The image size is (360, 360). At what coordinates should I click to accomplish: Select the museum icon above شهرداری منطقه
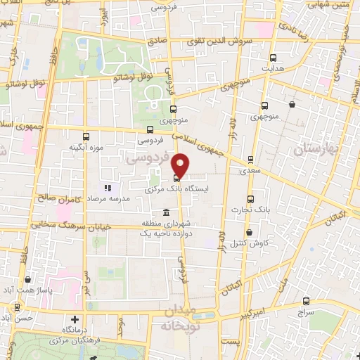point(166,213)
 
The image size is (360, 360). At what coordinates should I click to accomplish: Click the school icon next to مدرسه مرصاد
point(108,188)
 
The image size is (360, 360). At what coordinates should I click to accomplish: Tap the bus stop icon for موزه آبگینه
point(86,136)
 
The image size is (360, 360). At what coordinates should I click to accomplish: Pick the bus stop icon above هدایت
point(274,58)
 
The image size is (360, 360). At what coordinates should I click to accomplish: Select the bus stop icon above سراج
point(305,300)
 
